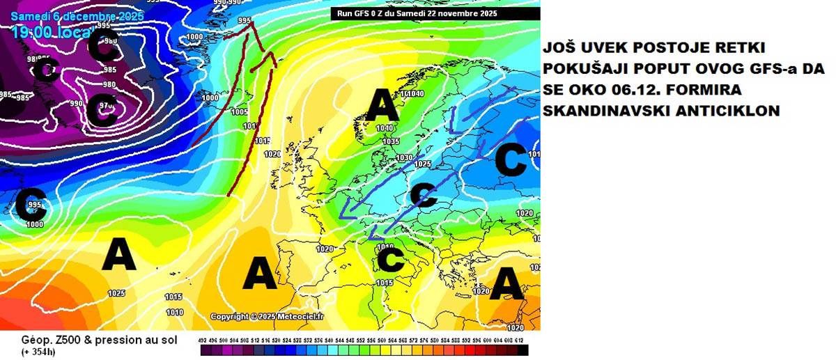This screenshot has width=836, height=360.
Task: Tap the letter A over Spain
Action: [260, 272]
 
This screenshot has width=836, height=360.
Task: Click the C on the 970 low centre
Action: [106, 111]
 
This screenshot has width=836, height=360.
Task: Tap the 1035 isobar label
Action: [391, 141]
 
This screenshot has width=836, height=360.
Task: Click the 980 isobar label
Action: [109, 85]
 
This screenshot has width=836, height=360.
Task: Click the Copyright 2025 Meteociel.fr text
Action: [268, 316]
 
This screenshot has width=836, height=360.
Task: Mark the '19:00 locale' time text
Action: [49, 32]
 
